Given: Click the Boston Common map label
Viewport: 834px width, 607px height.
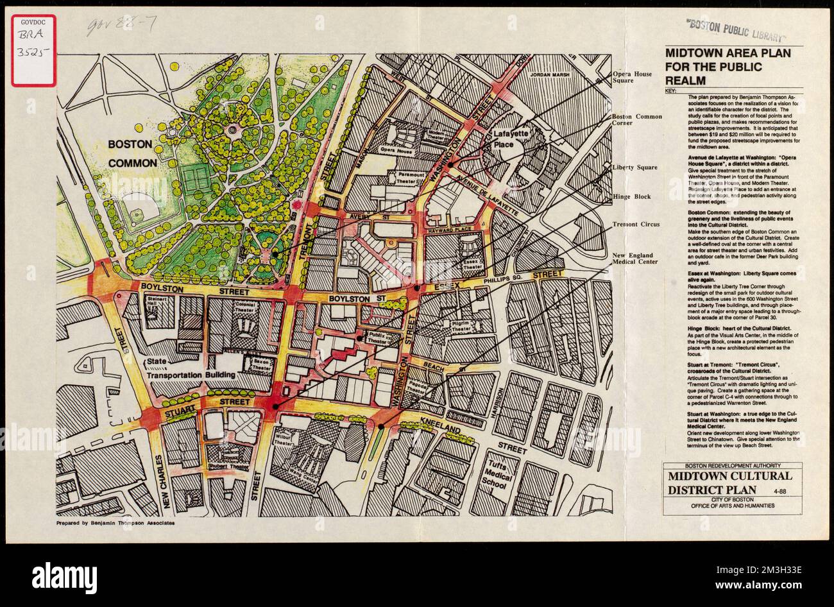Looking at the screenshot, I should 132,153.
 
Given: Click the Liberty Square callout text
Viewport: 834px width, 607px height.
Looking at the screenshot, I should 634,167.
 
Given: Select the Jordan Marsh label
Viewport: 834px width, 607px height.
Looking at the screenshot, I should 550,75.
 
